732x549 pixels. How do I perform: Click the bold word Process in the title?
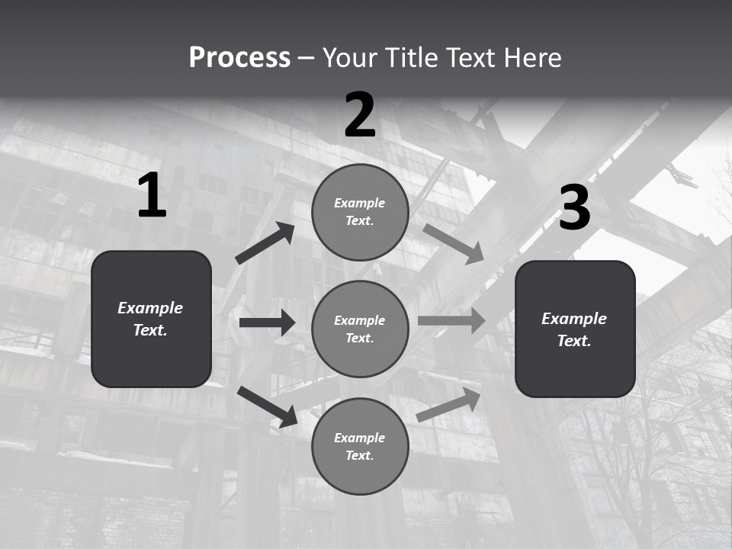[x=239, y=58]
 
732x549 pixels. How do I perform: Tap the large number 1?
[x=152, y=196]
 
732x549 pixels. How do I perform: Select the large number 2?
[x=360, y=115]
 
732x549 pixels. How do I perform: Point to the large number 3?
[x=574, y=208]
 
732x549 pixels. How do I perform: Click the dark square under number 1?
[x=151, y=319]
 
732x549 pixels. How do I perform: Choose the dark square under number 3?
[x=575, y=329]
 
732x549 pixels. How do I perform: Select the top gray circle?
[x=360, y=212]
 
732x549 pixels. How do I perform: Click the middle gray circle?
[x=360, y=329]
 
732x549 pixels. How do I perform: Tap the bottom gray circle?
[x=360, y=446]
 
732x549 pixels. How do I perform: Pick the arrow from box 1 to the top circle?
[x=265, y=243]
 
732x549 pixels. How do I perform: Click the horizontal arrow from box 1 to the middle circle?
[x=267, y=323]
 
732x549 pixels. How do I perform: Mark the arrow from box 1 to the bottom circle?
[x=267, y=406]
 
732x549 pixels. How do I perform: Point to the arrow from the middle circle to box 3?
[x=451, y=320]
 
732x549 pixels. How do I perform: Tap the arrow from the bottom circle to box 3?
[x=449, y=405]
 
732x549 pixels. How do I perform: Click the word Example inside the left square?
[x=150, y=308]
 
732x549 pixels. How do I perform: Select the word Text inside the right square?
[x=574, y=341]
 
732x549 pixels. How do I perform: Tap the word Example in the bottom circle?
[x=359, y=438]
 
